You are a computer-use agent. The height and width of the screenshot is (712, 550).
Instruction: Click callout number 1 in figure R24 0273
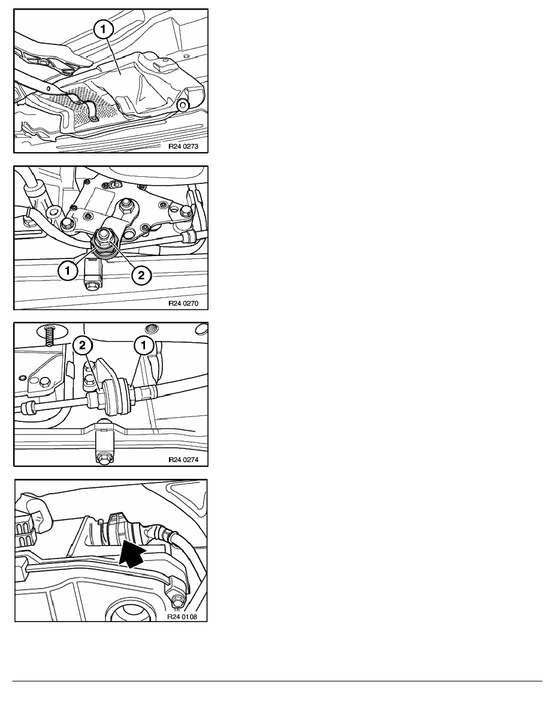pyautogui.click(x=104, y=31)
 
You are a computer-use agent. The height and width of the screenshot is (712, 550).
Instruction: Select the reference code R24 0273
pyautogui.click(x=183, y=147)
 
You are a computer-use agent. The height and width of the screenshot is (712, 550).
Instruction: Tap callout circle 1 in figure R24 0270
pyautogui.click(x=68, y=271)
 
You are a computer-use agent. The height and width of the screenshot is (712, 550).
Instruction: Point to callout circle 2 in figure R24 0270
pyautogui.click(x=141, y=274)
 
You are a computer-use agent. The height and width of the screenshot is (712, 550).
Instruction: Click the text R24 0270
pyautogui.click(x=183, y=303)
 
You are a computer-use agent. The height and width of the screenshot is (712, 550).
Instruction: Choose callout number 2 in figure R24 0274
pyautogui.click(x=82, y=346)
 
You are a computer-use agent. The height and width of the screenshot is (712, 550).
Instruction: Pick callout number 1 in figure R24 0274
pyautogui.click(x=143, y=346)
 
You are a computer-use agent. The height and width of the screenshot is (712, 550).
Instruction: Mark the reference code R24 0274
pyautogui.click(x=183, y=460)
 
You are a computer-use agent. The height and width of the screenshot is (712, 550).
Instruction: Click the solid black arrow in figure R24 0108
pyautogui.click(x=132, y=553)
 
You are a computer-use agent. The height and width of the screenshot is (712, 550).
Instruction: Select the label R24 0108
pyautogui.click(x=182, y=617)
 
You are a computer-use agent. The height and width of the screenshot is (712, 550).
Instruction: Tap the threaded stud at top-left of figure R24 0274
pyautogui.click(x=50, y=334)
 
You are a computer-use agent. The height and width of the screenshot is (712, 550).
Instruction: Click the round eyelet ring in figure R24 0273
pyautogui.click(x=183, y=106)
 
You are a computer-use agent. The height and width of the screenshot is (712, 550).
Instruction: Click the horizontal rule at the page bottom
pyautogui.click(x=277, y=681)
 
